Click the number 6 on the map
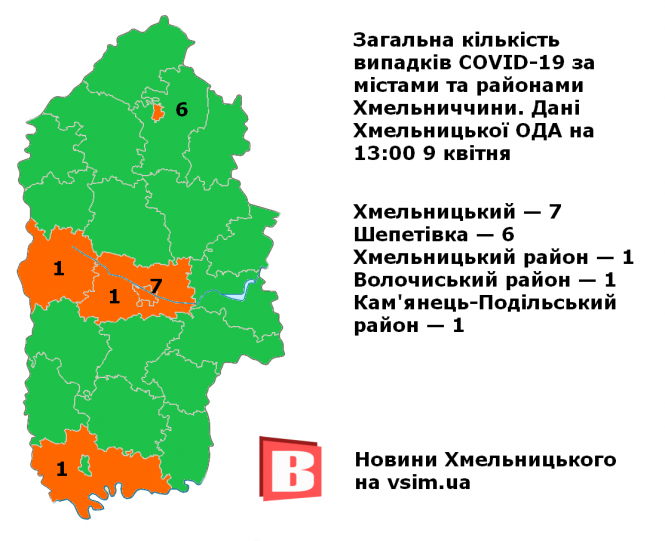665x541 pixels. click(x=181, y=110)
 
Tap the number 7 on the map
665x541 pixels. click(x=155, y=286)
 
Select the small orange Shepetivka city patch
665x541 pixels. click(x=158, y=112)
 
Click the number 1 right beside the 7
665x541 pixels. click(x=114, y=296)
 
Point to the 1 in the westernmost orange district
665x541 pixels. click(x=58, y=268)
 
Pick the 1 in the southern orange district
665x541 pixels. click(x=61, y=468)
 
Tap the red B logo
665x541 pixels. click(x=290, y=469)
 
